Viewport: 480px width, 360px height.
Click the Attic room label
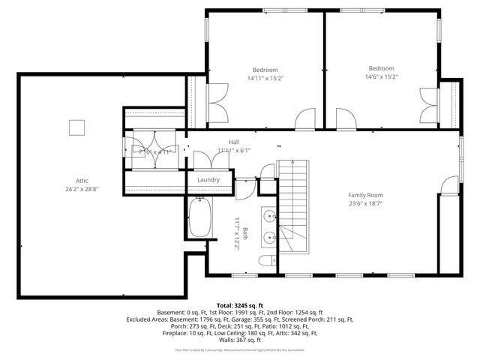(81, 180)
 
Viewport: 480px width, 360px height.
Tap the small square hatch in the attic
(76, 127)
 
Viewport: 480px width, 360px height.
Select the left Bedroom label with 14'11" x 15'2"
(265, 70)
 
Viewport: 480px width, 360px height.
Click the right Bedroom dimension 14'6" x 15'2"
(381, 76)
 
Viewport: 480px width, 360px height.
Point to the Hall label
(233, 142)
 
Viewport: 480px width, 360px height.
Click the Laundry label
(208, 180)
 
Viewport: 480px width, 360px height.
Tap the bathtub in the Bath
(199, 218)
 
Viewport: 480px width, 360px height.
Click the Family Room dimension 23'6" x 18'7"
(365, 203)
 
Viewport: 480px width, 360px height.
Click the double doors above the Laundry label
(203, 160)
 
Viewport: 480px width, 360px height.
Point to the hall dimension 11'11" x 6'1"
(233, 150)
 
